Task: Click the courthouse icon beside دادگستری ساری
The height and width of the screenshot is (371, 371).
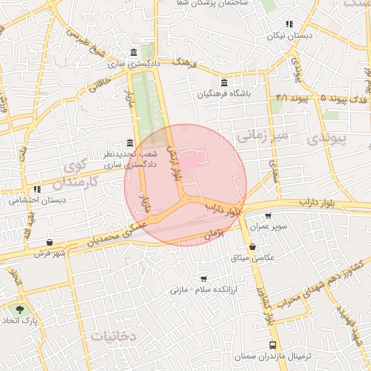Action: pos(134,53)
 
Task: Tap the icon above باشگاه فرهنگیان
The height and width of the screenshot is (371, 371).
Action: pos(224,83)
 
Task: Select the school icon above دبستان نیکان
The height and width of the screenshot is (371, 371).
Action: pos(289,24)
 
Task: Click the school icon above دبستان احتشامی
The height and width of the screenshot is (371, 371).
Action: pos(37,189)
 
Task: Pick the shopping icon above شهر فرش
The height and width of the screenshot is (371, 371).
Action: pos(49,243)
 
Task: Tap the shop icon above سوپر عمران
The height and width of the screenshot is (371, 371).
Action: pos(268,216)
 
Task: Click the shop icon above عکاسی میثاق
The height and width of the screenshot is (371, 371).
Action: pos(251,247)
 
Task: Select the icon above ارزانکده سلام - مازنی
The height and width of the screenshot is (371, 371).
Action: pos(203,278)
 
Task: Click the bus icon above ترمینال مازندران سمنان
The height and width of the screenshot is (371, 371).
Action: pos(272,346)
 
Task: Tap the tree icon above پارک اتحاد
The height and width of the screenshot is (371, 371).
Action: pos(20,309)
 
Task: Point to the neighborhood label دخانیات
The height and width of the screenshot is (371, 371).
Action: pos(114,336)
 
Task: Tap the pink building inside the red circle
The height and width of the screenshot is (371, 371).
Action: pos(187,164)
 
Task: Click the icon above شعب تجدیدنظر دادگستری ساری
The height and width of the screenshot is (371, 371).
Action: pos(129,143)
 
